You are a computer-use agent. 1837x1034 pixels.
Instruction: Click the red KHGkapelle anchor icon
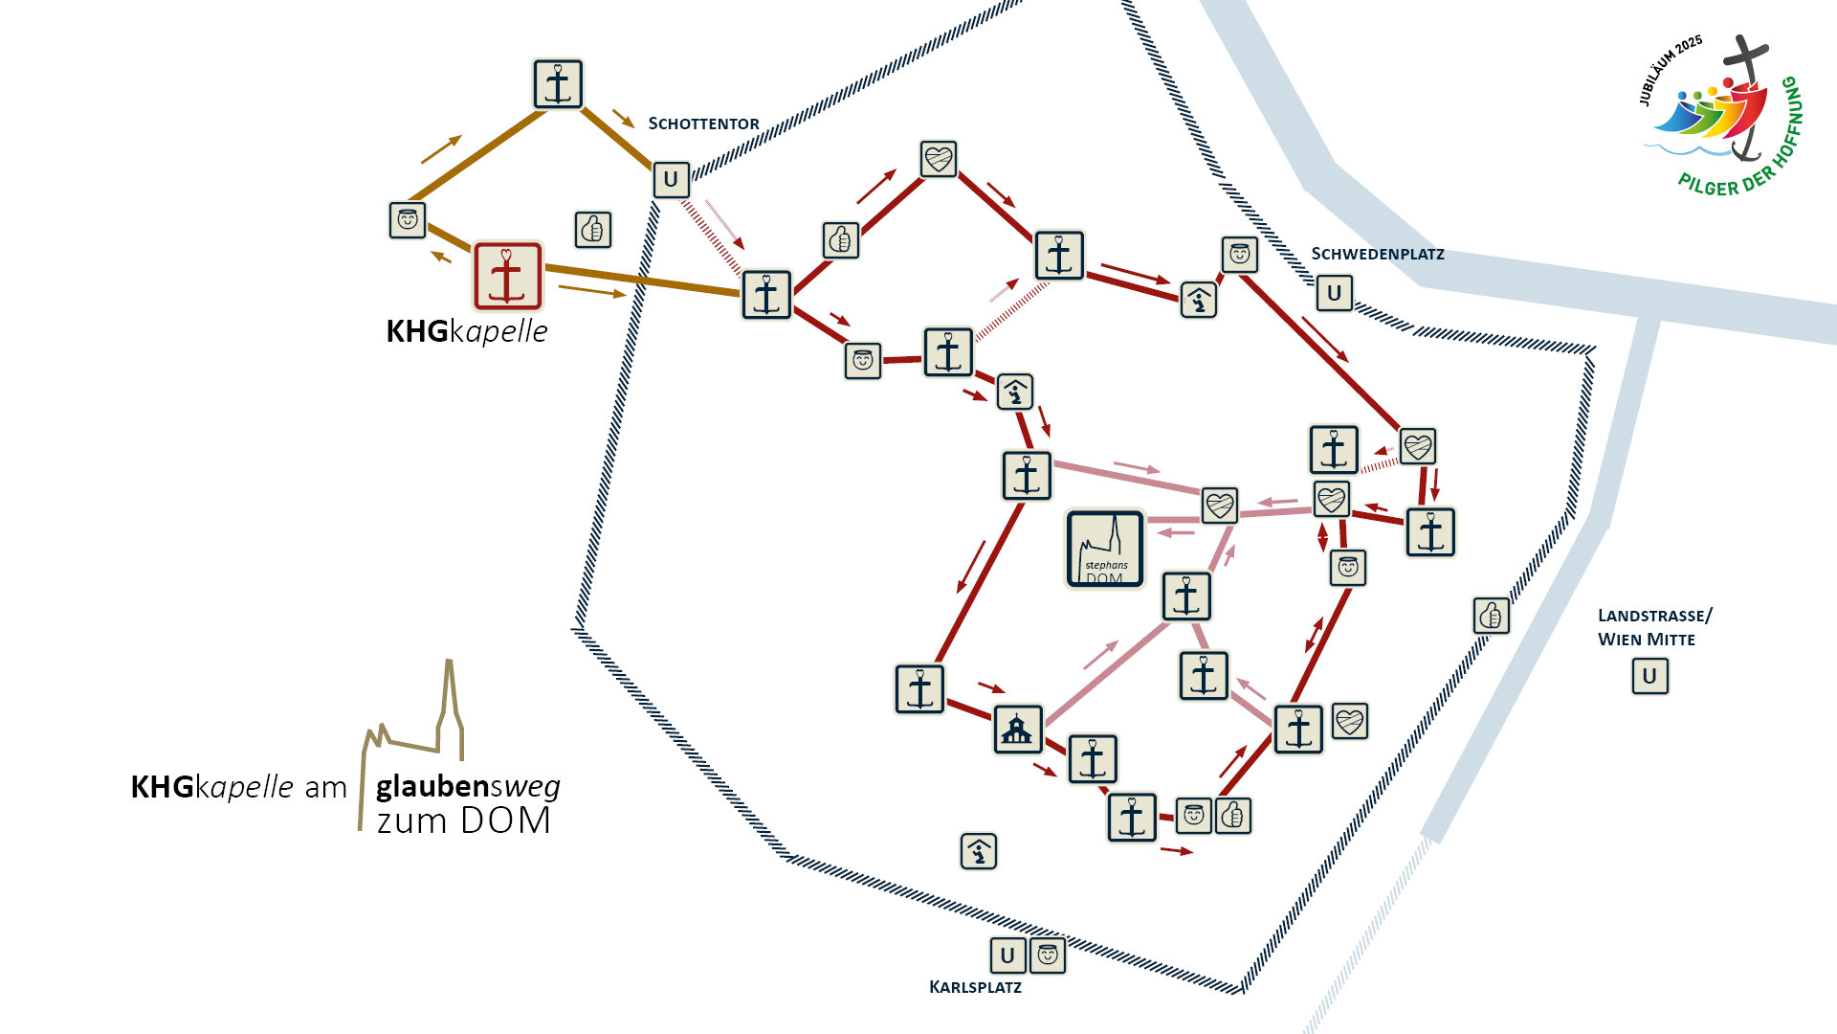[x=507, y=276]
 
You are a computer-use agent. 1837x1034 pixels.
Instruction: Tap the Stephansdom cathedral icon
[x=1105, y=549]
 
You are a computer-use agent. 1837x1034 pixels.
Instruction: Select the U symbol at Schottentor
[x=671, y=179]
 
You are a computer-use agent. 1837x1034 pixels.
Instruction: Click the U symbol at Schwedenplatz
[x=1334, y=293]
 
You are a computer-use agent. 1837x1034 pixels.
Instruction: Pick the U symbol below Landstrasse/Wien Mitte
[x=1649, y=676]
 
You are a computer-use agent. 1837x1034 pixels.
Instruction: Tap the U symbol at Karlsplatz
[x=1007, y=955]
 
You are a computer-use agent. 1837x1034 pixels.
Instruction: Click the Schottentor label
[x=703, y=124]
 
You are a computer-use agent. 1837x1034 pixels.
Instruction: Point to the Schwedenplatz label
[x=1378, y=254]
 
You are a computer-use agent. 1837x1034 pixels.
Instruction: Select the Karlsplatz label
[x=975, y=987]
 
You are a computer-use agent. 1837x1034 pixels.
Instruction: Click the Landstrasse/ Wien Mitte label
[x=1654, y=627]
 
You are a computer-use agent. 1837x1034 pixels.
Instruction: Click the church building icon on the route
[x=1017, y=731]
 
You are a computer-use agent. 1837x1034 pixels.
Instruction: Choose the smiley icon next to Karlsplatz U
[x=1048, y=955]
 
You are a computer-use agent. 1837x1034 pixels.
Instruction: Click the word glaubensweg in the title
[x=468, y=786]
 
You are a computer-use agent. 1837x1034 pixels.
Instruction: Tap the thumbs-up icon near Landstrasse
[x=1491, y=616]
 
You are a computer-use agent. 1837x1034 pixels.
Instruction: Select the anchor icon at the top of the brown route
[x=558, y=83]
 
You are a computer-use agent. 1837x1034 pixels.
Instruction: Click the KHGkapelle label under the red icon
[x=467, y=331]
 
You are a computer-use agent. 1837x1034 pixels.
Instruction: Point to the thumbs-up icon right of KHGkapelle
[x=593, y=230]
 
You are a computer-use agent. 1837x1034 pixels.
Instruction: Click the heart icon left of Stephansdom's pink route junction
[x=1219, y=505]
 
